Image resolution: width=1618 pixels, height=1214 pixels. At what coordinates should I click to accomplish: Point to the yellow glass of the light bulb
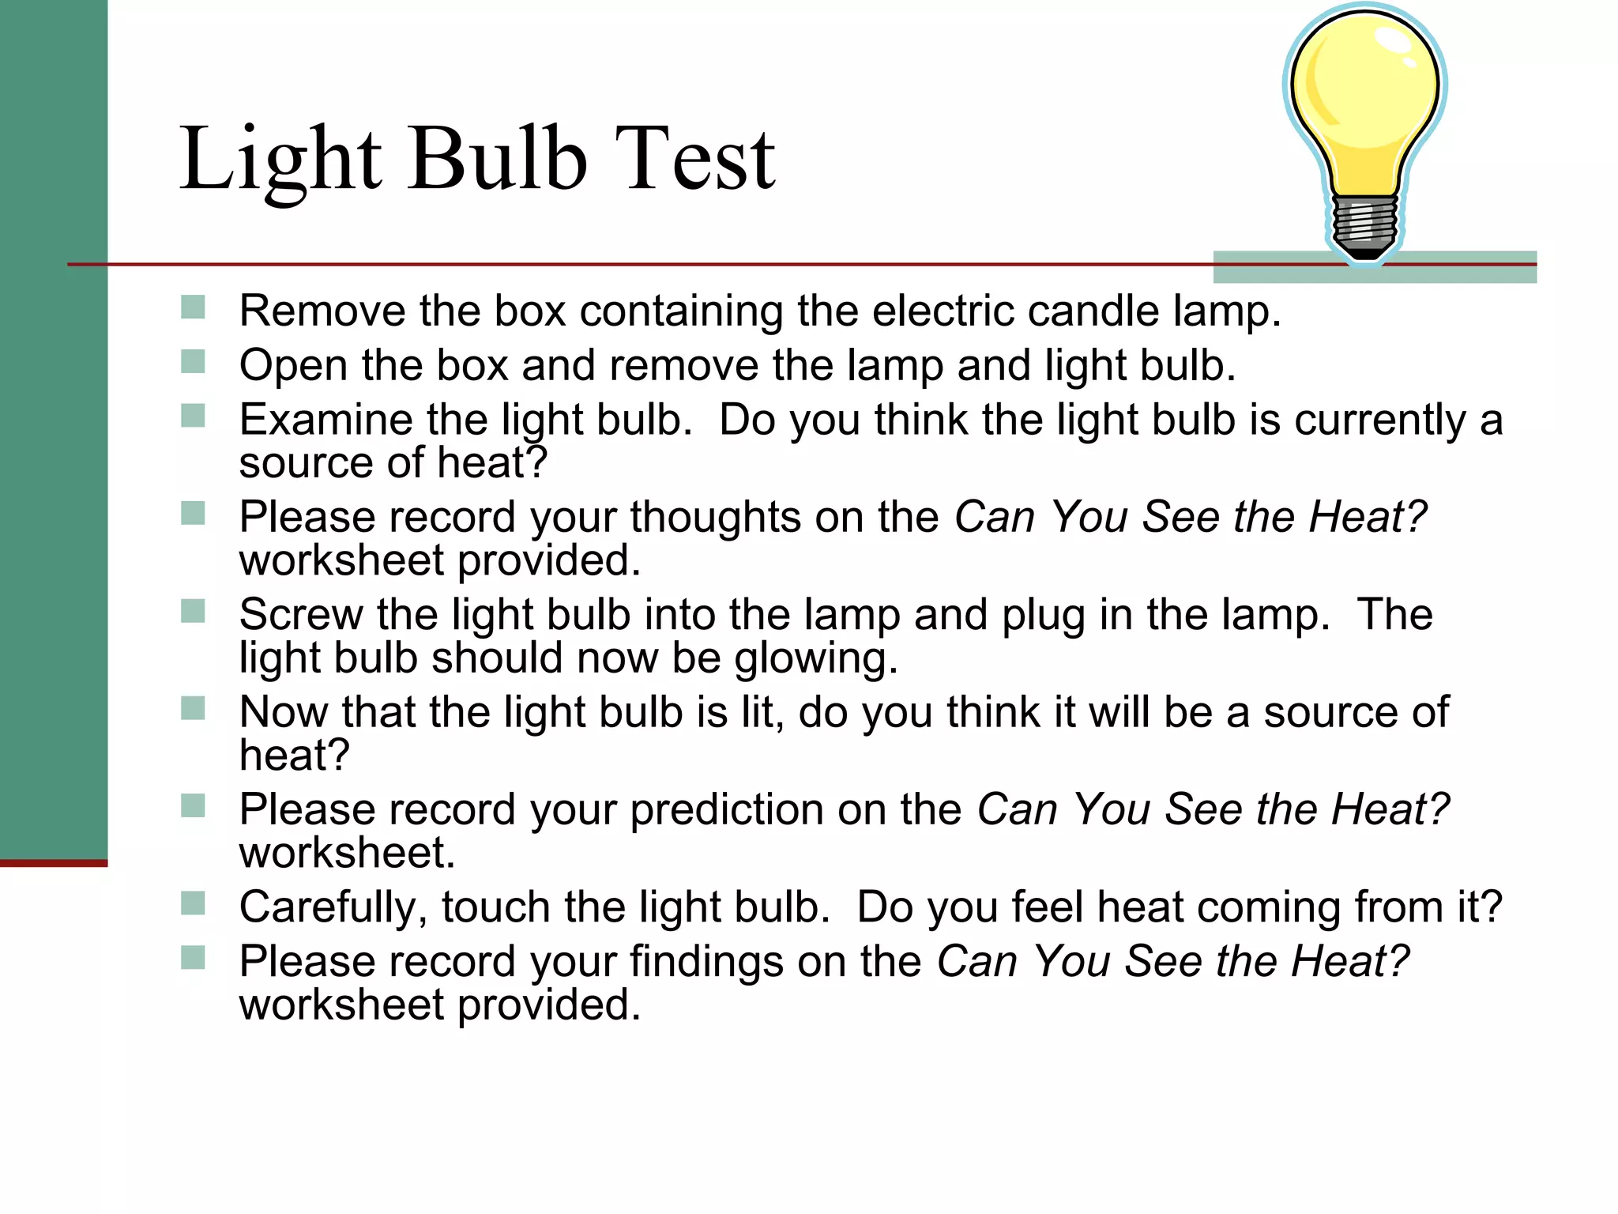tap(1364, 103)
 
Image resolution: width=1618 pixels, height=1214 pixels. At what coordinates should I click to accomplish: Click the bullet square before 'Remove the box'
tap(193, 307)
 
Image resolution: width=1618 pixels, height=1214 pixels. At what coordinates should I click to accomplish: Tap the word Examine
tap(325, 420)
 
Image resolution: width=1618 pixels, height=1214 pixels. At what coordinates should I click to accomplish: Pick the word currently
tap(1380, 420)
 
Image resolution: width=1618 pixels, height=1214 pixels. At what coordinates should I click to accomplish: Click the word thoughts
tap(715, 518)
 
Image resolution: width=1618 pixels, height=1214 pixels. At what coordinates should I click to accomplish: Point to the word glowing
tap(815, 659)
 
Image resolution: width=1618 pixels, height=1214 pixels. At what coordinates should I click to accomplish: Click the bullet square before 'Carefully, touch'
tap(193, 903)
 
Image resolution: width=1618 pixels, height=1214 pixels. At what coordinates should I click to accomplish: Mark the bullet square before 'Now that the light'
tap(193, 708)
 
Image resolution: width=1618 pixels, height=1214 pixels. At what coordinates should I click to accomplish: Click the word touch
tap(495, 907)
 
